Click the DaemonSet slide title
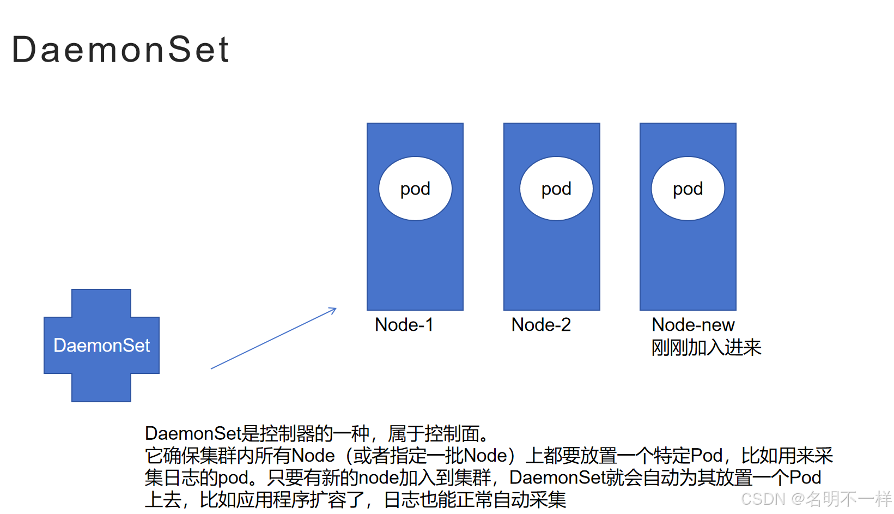tap(120, 50)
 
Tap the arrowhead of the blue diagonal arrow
tap(333, 310)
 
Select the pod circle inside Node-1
tap(415, 189)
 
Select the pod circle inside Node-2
tap(556, 189)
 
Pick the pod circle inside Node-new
tap(688, 189)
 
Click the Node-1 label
tap(404, 325)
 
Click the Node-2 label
tap(541, 325)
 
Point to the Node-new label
tap(693, 325)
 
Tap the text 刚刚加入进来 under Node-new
tap(706, 347)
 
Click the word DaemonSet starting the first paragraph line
tap(192, 434)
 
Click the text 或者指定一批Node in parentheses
tap(430, 456)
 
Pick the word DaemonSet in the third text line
tap(557, 478)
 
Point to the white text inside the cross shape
tap(101, 346)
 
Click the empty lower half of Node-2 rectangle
tap(551, 267)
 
